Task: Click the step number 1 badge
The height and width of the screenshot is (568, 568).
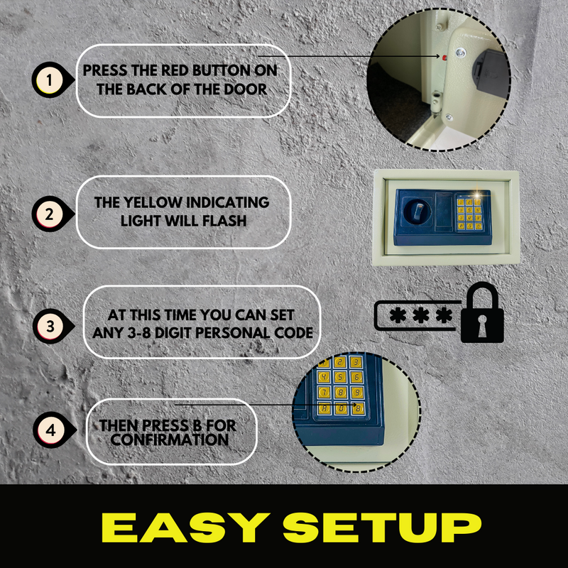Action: (50, 80)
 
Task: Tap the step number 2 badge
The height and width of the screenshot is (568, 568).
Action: (50, 214)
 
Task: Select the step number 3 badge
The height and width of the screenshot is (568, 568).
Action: (50, 327)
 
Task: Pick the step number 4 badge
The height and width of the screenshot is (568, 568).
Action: (51, 430)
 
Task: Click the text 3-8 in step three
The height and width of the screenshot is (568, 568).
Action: (139, 333)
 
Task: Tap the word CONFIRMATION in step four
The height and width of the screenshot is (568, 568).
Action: (170, 439)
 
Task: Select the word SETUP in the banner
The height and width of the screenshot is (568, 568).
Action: (382, 528)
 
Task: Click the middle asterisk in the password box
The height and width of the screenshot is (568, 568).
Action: (420, 315)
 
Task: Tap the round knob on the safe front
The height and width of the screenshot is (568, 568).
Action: (417, 212)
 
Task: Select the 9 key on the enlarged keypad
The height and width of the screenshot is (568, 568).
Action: (357, 393)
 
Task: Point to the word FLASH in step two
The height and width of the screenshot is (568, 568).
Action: (224, 221)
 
